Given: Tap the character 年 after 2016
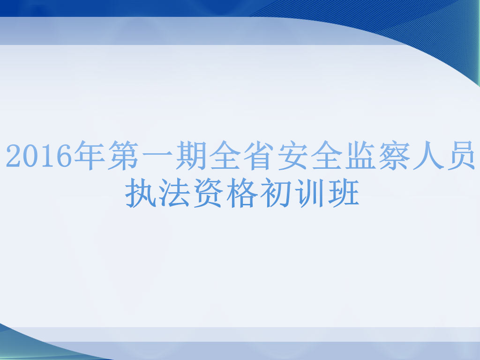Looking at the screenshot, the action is point(89,155).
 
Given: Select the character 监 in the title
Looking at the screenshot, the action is point(361,155).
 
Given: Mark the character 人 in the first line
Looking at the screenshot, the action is point(429,155).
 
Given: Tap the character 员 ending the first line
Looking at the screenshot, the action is point(461,155).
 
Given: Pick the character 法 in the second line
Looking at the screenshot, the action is point(173,193).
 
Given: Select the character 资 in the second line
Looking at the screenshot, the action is point(208,193).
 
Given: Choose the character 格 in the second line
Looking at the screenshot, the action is point(242,193).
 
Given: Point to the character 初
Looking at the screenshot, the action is point(276,193).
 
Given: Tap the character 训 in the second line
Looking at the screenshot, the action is point(310,193).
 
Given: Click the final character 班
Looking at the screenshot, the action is point(344,193).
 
